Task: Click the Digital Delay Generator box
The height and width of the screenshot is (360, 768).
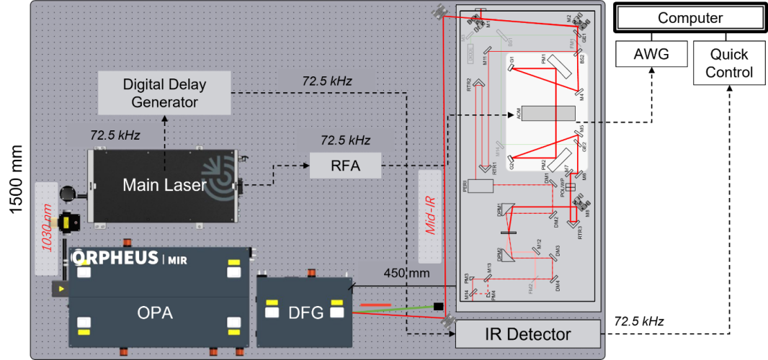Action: click(165, 93)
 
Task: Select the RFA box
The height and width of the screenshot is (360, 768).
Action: click(345, 166)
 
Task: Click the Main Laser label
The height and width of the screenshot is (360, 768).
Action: click(164, 185)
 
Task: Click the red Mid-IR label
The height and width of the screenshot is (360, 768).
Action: click(430, 216)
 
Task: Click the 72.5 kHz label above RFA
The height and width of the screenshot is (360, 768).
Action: click(345, 139)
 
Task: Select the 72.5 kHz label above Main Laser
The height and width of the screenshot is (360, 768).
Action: click(115, 135)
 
